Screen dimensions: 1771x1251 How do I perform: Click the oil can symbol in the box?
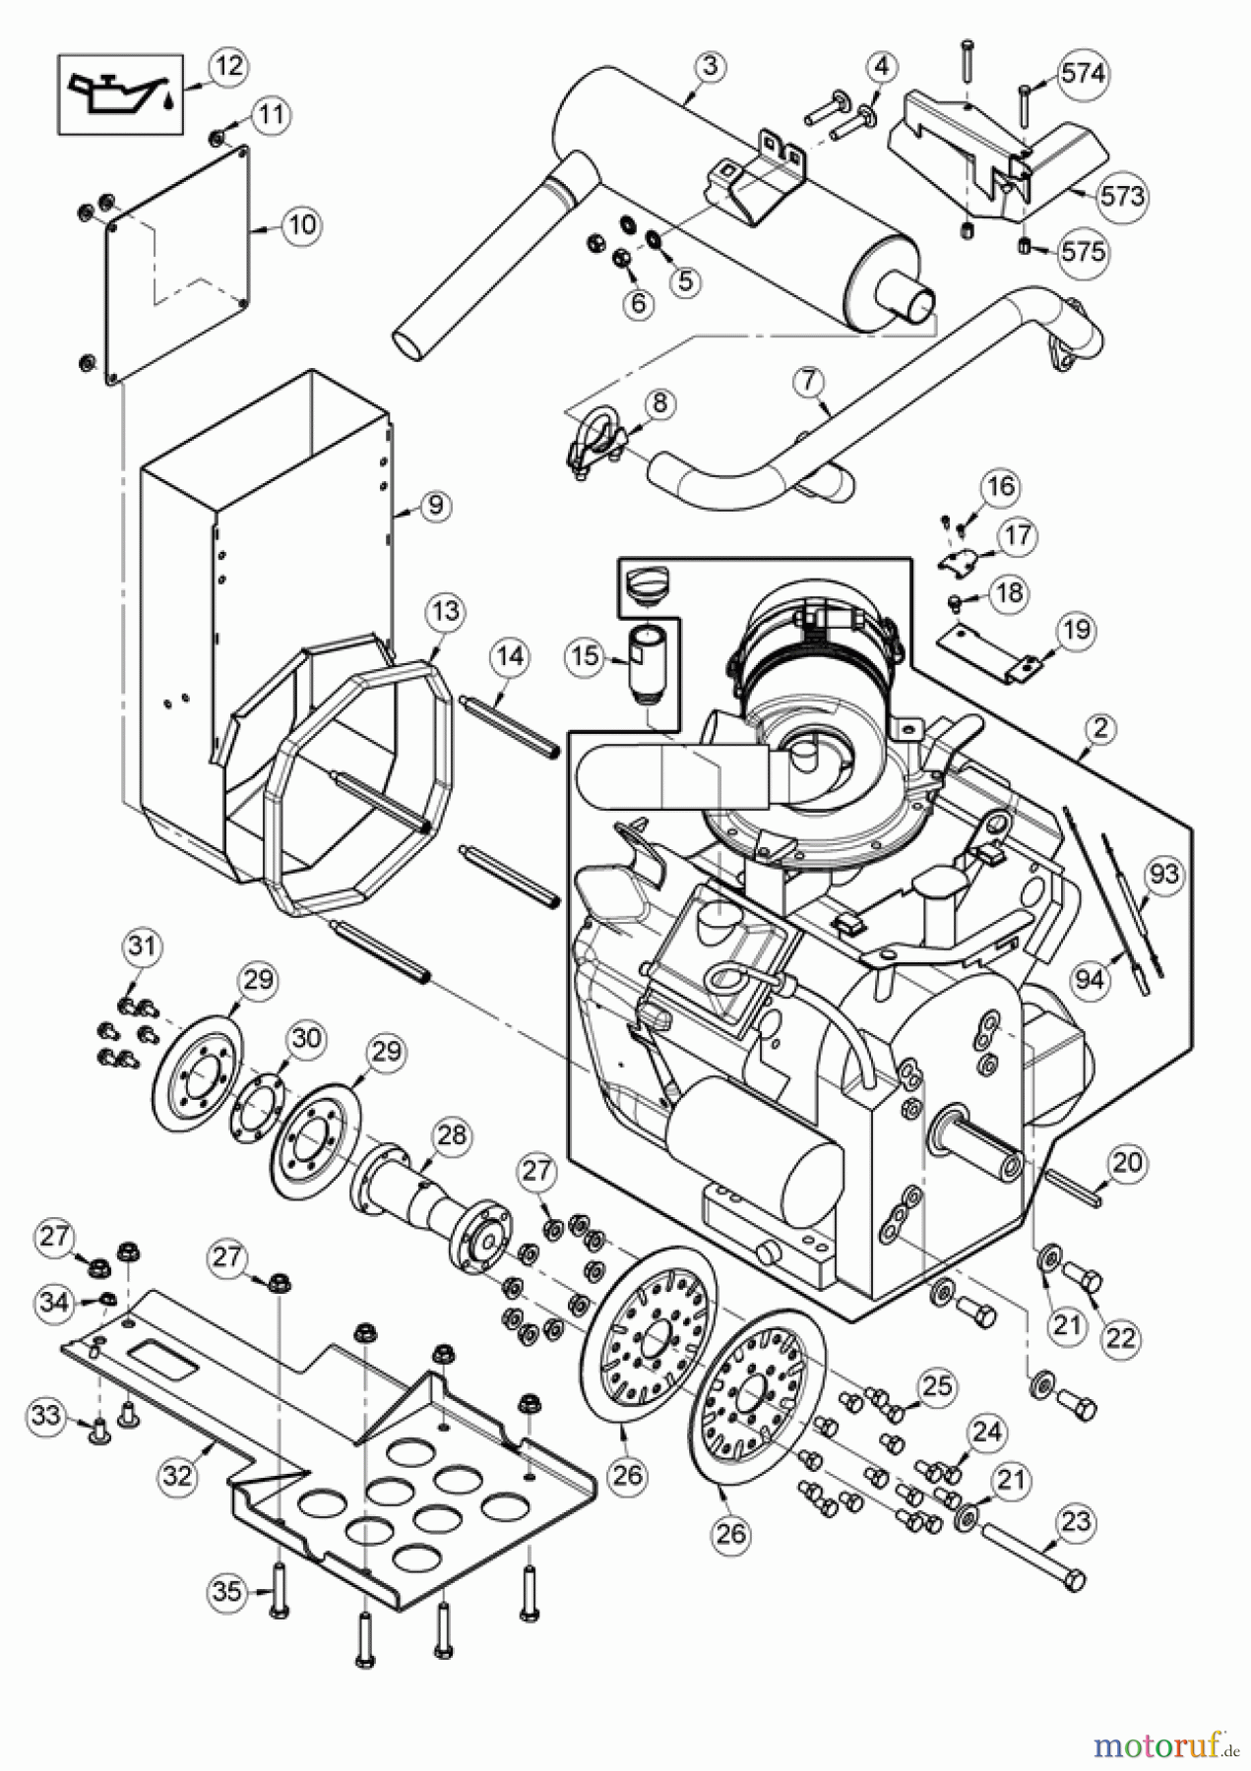point(118,94)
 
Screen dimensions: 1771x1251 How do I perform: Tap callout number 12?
point(227,68)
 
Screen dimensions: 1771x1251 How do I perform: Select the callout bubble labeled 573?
point(1122,197)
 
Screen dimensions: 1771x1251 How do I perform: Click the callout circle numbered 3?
point(711,68)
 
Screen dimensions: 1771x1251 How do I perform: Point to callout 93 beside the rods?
point(1163,874)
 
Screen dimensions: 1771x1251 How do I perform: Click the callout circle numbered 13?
point(445,612)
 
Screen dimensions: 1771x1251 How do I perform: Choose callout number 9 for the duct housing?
point(434,506)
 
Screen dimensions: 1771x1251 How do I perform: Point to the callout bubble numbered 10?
point(302,225)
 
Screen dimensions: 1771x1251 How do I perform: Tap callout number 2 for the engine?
point(1099,729)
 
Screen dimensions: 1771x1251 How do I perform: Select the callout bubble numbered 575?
point(1083,252)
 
